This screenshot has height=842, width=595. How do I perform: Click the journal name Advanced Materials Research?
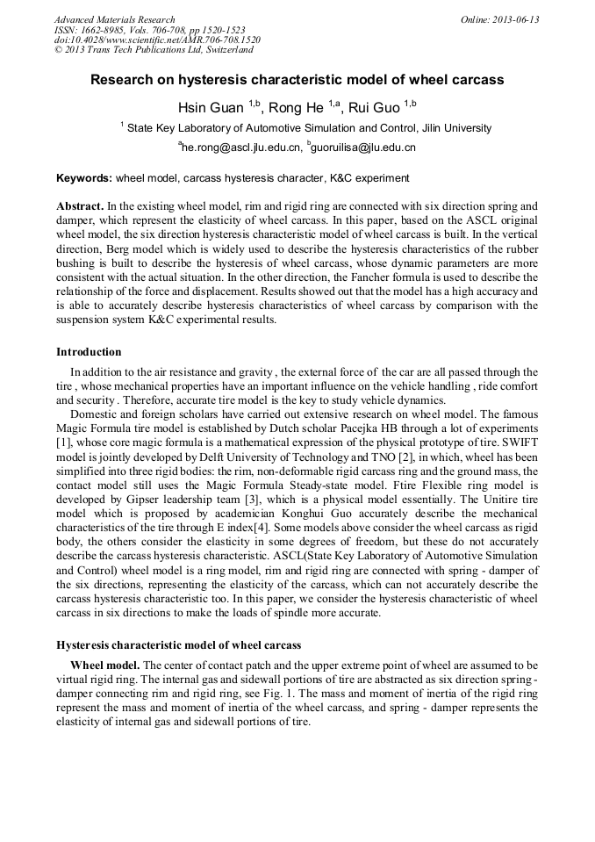pos(114,19)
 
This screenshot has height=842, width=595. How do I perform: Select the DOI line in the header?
pos(157,40)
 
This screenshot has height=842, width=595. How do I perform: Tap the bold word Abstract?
pos(80,205)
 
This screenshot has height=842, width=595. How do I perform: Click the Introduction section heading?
pos(89,352)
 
